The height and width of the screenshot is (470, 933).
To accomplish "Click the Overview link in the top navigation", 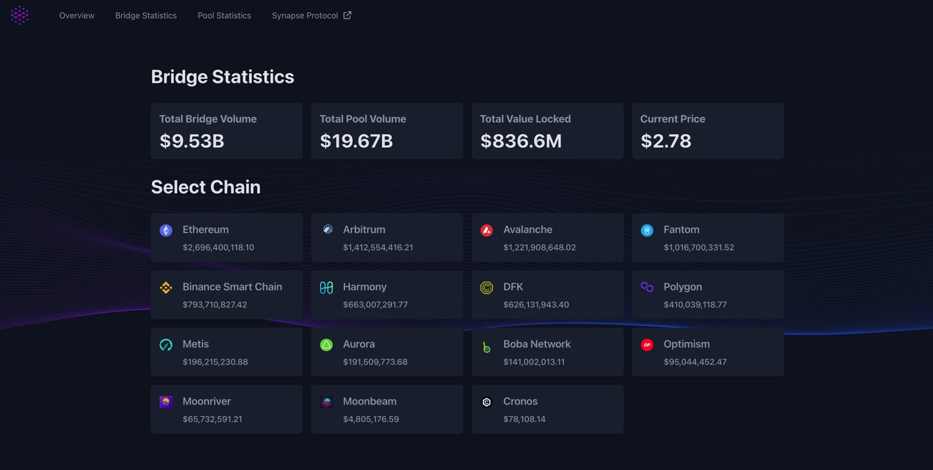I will click(77, 16).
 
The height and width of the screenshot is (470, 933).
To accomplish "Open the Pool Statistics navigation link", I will click(224, 16).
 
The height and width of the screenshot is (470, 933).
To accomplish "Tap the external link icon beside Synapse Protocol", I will click(347, 15).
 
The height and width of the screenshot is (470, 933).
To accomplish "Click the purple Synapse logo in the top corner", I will click(20, 15).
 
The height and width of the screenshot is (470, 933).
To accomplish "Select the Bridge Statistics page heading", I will click(223, 77).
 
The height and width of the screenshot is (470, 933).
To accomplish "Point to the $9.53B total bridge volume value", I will click(192, 141).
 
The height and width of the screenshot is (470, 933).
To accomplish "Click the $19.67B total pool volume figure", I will click(356, 141).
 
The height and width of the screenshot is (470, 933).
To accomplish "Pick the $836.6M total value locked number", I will click(521, 141).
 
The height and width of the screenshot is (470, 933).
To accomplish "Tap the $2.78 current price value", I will click(666, 141).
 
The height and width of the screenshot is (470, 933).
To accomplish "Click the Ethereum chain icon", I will click(166, 230).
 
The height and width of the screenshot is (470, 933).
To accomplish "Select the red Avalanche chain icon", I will click(486, 230).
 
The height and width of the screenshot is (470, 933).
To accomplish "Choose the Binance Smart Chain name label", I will click(232, 287).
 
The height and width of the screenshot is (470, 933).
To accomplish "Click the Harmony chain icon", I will click(326, 288).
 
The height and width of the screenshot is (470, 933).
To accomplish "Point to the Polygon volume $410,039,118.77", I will click(695, 305).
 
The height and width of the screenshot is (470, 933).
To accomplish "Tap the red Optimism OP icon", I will click(647, 345).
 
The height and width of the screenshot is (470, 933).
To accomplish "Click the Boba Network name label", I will click(537, 344).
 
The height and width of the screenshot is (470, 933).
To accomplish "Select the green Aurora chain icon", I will click(326, 345).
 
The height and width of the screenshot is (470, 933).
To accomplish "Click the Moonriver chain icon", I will click(166, 402).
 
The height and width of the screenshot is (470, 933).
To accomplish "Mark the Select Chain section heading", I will click(206, 187).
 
